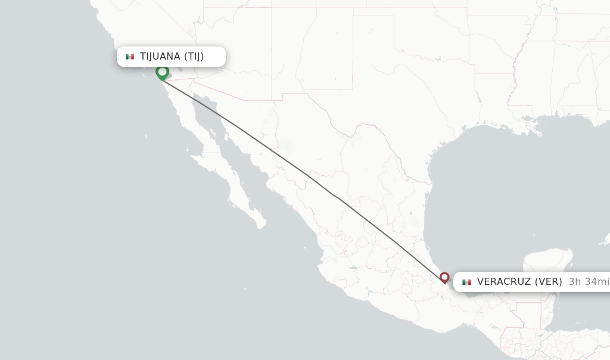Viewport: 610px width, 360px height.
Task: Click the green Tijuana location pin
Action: (x=162, y=72)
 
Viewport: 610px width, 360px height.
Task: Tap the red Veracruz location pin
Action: (x=444, y=277)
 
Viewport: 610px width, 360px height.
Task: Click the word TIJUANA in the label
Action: (x=160, y=57)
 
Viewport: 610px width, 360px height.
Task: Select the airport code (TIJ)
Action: (x=194, y=57)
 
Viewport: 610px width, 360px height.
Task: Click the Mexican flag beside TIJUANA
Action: (x=130, y=57)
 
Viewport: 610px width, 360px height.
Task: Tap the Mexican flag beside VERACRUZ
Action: (x=466, y=282)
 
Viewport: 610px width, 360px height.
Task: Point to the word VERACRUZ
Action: (x=504, y=282)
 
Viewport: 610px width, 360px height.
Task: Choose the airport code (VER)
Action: (x=548, y=282)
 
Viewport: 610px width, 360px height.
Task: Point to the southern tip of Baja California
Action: (x=260, y=226)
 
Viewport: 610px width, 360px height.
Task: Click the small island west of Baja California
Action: (x=146, y=136)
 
